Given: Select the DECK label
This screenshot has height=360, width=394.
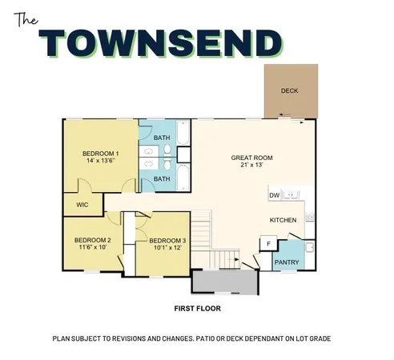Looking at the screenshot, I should (290, 90).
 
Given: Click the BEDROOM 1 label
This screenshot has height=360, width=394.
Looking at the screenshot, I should (101, 153).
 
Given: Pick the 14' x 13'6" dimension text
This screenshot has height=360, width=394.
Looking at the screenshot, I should (101, 161).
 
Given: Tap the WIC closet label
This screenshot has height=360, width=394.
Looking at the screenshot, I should (82, 205).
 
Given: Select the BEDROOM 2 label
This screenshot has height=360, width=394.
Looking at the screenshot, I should (92, 240).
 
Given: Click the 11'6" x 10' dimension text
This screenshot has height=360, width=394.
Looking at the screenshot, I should (91, 248).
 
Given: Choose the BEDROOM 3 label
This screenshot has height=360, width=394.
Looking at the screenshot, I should (167, 241).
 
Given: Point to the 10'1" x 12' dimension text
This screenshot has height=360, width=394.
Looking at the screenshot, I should (167, 249).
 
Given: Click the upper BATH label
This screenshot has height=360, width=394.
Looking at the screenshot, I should (162, 138).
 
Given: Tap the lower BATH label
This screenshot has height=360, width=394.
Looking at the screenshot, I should (162, 178).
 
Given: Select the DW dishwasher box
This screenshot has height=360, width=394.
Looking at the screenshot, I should (274, 195).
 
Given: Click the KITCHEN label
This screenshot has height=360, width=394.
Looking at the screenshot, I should (283, 220).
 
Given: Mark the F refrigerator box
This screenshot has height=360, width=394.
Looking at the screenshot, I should (268, 244).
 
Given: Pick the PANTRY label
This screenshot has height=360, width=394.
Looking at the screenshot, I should (287, 262).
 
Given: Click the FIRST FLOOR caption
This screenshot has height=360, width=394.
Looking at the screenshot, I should (197, 307).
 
